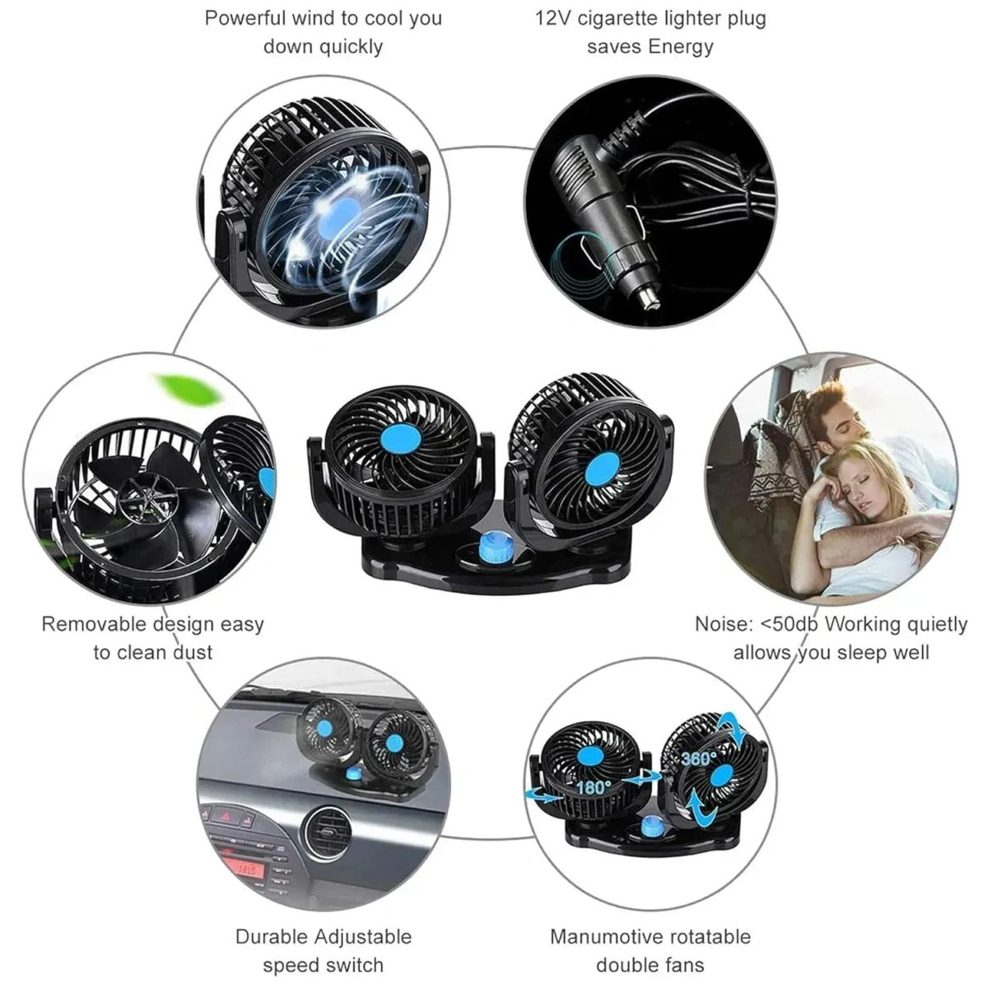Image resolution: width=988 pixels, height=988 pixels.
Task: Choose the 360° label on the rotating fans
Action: (x=697, y=757)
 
